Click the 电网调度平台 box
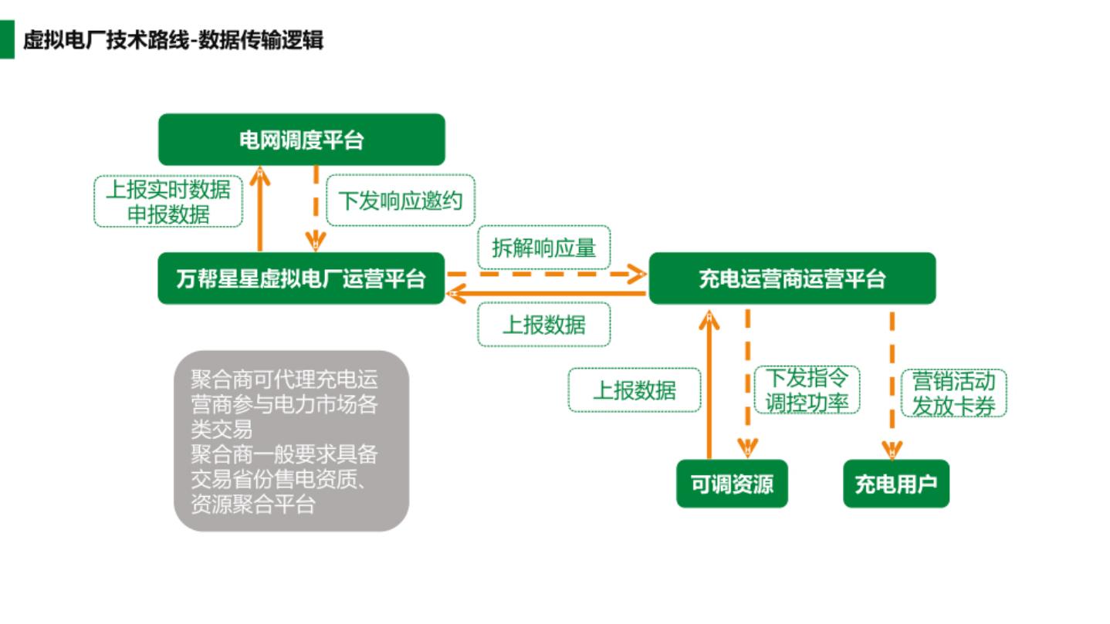(302, 140)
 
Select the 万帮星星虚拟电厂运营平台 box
(302, 278)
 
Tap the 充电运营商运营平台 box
(792, 278)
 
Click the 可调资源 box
(732, 484)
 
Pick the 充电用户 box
(895, 484)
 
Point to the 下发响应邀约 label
(401, 201)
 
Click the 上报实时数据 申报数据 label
(168, 201)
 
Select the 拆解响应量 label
(544, 248)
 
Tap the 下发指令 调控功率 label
(807, 390)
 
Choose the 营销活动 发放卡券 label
(953, 393)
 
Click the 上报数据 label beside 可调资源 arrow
(634, 390)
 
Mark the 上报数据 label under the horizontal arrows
(544, 325)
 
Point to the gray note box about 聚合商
(291, 441)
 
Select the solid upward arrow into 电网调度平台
(260, 208)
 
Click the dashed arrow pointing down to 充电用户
(893, 382)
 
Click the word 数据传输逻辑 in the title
(261, 39)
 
